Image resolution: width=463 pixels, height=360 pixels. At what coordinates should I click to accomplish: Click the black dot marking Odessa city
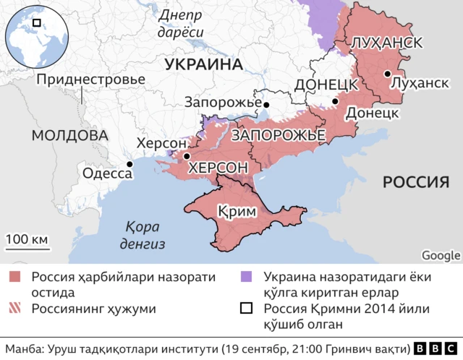pyautogui.click(x=129, y=165)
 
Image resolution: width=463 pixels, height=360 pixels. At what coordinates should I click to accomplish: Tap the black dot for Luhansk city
pyautogui.click(x=388, y=74)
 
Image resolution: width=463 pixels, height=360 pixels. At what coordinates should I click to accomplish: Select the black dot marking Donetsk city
pyautogui.click(x=334, y=102)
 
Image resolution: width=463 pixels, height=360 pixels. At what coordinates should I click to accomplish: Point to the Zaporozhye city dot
pyautogui.click(x=266, y=105)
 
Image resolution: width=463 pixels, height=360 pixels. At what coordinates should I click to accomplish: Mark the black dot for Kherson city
pyautogui.click(x=187, y=155)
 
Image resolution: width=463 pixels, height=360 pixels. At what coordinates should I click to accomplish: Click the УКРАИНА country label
pyautogui.click(x=203, y=64)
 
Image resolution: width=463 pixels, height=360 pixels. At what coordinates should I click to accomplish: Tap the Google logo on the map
pyautogui.click(x=441, y=254)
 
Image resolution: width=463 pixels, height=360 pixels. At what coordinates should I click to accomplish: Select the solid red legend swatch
pyautogui.click(x=17, y=278)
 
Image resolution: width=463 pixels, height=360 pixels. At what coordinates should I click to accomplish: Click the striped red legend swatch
pyautogui.click(x=17, y=309)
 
